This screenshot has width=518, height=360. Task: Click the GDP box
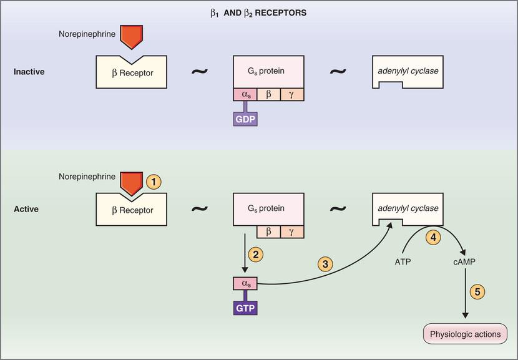[x=245, y=119]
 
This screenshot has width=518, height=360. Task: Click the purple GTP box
[x=245, y=308]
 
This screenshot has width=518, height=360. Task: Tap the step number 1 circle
[x=153, y=182]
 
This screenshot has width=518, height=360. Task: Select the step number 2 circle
[x=255, y=254]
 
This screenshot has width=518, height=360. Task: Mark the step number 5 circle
[x=476, y=291]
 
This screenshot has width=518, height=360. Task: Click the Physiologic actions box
[x=465, y=334]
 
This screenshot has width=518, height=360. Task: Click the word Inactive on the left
[x=29, y=72]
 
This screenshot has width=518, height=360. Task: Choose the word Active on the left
[x=26, y=209]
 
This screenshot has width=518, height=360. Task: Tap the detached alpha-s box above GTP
[x=245, y=285]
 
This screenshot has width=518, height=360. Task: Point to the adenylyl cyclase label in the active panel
[x=408, y=208]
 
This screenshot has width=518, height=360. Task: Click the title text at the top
[x=258, y=12]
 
